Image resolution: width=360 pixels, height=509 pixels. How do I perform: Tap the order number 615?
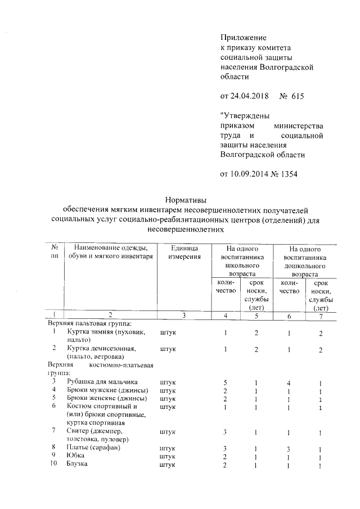click(x=298, y=96)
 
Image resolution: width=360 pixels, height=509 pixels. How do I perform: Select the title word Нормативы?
click(x=186, y=199)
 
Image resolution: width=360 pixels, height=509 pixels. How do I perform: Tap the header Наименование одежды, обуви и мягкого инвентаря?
click(x=110, y=253)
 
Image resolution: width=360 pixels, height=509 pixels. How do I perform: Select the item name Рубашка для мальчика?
click(x=102, y=382)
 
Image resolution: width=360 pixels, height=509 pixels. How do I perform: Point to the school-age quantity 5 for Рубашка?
click(x=225, y=382)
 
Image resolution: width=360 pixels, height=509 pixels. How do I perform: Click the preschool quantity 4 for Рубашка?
click(x=288, y=382)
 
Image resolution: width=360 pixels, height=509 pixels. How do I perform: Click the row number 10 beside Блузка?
click(x=55, y=465)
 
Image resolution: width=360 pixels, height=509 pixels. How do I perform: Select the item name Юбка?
click(x=75, y=456)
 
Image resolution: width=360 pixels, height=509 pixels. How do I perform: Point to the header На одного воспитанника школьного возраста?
click(x=242, y=261)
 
